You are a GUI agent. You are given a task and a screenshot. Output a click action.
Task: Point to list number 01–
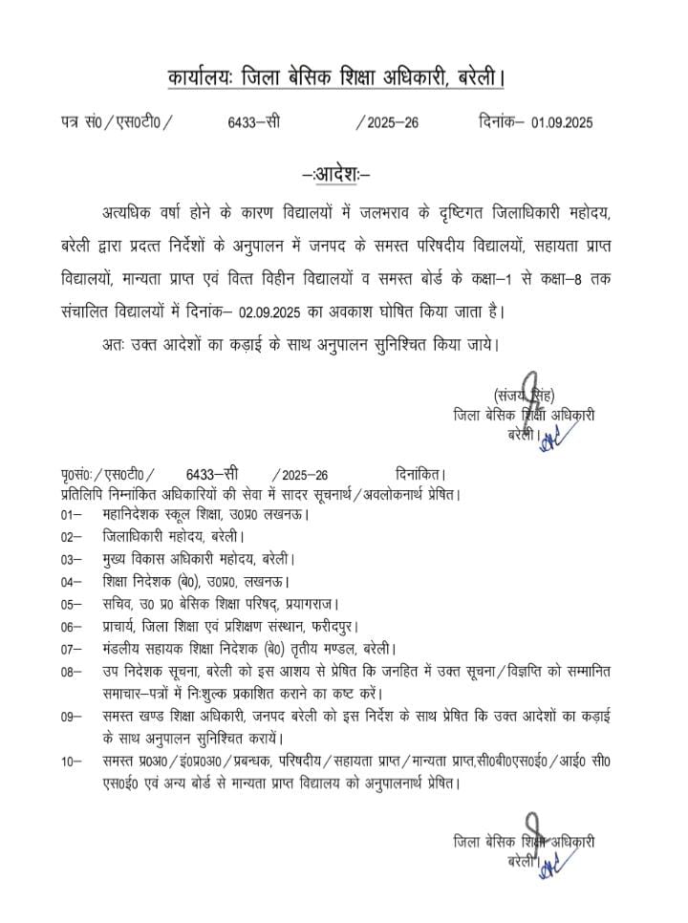[x=68, y=514]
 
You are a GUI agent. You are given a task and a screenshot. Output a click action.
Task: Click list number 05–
[x=68, y=603]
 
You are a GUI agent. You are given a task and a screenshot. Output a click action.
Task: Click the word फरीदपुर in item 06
[x=421, y=626]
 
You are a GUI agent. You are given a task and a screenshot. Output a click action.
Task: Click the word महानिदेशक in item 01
[x=135, y=514]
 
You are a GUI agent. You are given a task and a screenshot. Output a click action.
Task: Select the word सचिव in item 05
[x=118, y=603]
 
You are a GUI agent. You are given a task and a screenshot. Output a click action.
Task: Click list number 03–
[x=68, y=558]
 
